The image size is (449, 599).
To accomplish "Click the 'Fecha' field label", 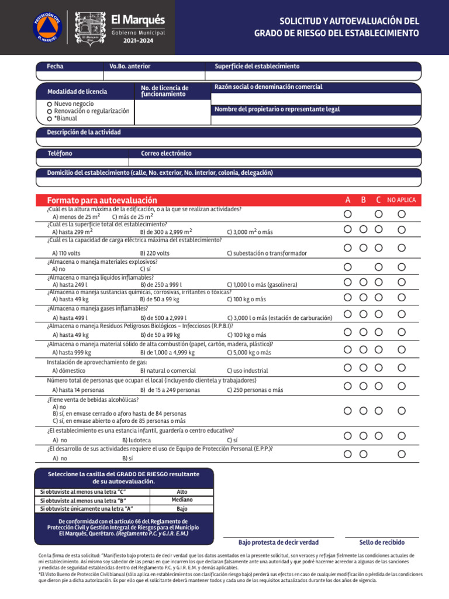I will [56, 66].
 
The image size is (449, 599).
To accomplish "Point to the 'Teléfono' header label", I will [60, 153].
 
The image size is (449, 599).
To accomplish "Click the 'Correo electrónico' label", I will [166, 153].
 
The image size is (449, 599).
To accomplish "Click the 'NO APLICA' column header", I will [402, 200].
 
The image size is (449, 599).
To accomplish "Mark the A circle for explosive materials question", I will [348, 267].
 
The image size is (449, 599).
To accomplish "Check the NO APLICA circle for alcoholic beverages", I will [402, 411].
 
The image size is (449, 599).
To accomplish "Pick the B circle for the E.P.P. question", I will [364, 454].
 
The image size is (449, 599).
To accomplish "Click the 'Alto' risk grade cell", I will [182, 492].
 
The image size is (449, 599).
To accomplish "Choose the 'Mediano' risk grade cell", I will [182, 500].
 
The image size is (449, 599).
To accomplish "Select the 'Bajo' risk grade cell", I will [182, 508].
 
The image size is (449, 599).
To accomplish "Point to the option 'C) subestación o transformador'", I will [267, 253].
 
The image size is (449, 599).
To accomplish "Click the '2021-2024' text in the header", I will [138, 40].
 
